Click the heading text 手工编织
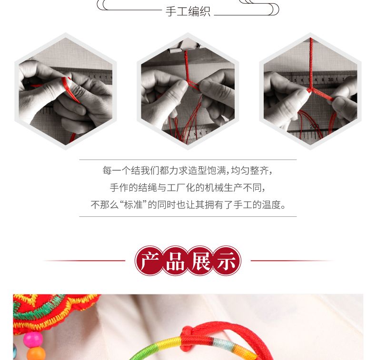pos(188,11)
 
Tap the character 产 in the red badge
pos(149,261)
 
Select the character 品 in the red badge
pos(175,261)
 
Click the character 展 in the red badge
pos(201,261)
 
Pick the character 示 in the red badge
pos(227,261)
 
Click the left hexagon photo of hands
pos(66,91)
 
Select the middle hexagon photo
pos(188,91)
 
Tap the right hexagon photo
pos(310,91)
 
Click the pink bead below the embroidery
pos(33,339)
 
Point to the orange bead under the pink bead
pos(36,354)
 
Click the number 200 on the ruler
pos(315,126)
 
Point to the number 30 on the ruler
pos(331,79)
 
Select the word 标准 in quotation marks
pos(133,205)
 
